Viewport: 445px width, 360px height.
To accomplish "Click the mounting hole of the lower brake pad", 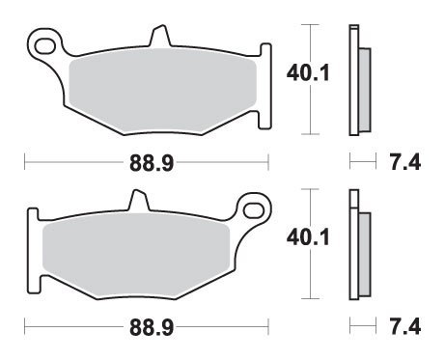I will click(256, 207).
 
